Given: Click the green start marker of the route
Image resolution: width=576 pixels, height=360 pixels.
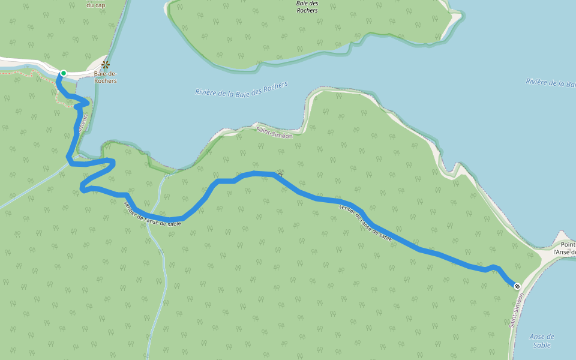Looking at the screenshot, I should pos(63,73).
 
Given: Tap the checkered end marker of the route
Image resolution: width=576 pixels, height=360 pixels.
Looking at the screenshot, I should pos(517,286).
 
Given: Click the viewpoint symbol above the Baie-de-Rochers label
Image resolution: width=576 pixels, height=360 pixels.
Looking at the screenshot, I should pos(106,64).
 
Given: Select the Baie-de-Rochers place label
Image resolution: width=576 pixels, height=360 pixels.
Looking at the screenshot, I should pos(105,77).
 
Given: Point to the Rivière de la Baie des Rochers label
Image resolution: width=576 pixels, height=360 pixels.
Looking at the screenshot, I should pos(241,89).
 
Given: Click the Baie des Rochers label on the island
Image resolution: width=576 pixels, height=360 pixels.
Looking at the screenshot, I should pos(307,7).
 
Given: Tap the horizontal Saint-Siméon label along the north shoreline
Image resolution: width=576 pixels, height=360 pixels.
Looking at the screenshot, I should pos(274,133).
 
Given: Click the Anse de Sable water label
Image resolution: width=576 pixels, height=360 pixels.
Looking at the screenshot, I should pos(542,341).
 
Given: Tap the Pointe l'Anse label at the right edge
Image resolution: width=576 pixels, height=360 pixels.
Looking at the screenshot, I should pos(563,248).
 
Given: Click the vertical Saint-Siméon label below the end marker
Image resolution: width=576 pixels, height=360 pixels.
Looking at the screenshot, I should pos(517,310).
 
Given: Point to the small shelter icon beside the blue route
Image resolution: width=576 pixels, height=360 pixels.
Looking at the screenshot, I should pos(280,172).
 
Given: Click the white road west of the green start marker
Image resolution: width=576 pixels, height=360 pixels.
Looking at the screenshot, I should pos(24,62).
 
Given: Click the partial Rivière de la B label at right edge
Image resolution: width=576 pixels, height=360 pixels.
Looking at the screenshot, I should pos(550,83).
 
